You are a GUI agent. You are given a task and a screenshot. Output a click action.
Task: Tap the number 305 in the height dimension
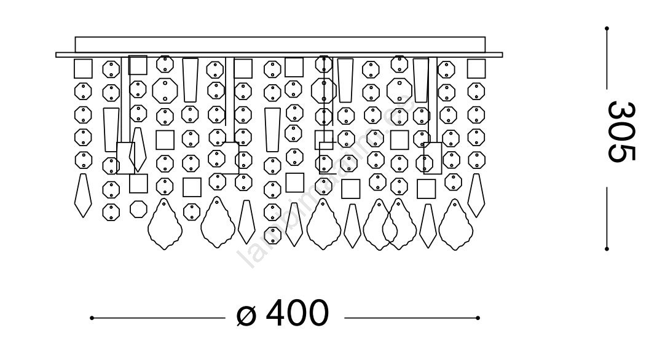[621, 131]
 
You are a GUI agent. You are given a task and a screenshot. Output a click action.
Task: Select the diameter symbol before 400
[246, 315]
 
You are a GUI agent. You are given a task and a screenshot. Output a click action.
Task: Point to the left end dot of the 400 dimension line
[92, 318]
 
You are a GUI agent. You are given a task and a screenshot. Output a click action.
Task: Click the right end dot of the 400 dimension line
[478, 318]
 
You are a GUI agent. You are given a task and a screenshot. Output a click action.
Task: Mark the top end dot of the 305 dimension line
[607, 28]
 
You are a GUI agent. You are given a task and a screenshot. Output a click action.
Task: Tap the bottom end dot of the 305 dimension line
[607, 249]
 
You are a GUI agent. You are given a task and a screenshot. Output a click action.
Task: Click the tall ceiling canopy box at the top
[280, 44]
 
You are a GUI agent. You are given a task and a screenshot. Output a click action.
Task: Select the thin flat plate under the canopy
[280, 55]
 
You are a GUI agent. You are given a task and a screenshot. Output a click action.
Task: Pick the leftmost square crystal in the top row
[83, 68]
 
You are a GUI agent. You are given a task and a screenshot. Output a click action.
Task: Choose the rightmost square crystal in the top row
[476, 68]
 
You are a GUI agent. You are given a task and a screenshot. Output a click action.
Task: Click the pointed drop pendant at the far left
[83, 195]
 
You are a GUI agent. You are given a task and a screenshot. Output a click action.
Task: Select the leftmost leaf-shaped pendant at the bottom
[164, 224]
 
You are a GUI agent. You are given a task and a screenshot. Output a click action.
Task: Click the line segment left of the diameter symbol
[158, 318]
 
